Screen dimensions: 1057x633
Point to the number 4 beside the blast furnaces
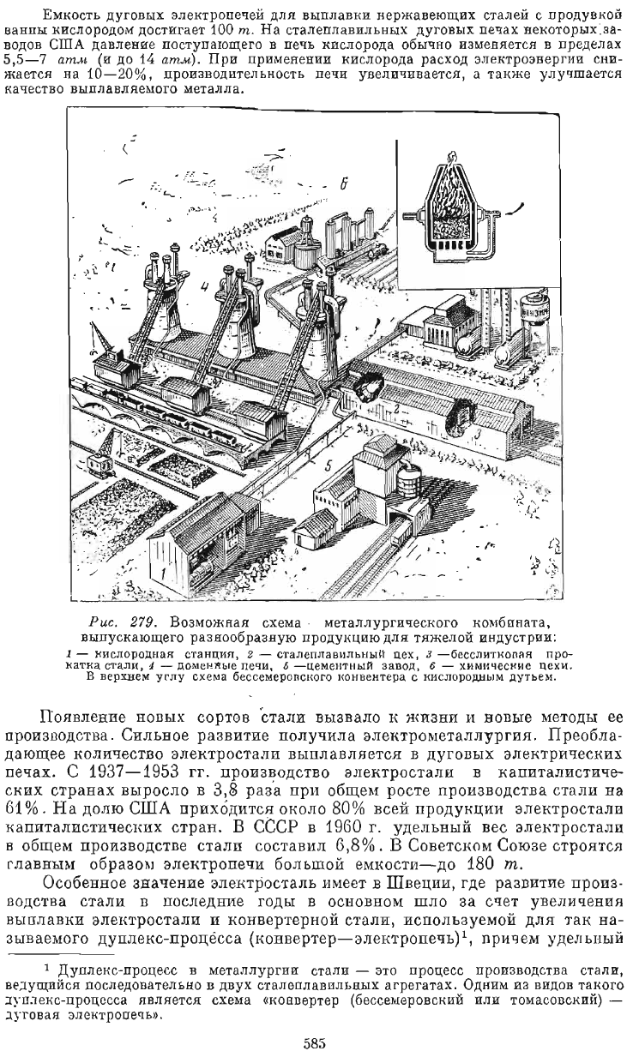pyautogui.click(x=204, y=286)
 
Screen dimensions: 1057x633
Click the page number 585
pyautogui.click(x=317, y=1043)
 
